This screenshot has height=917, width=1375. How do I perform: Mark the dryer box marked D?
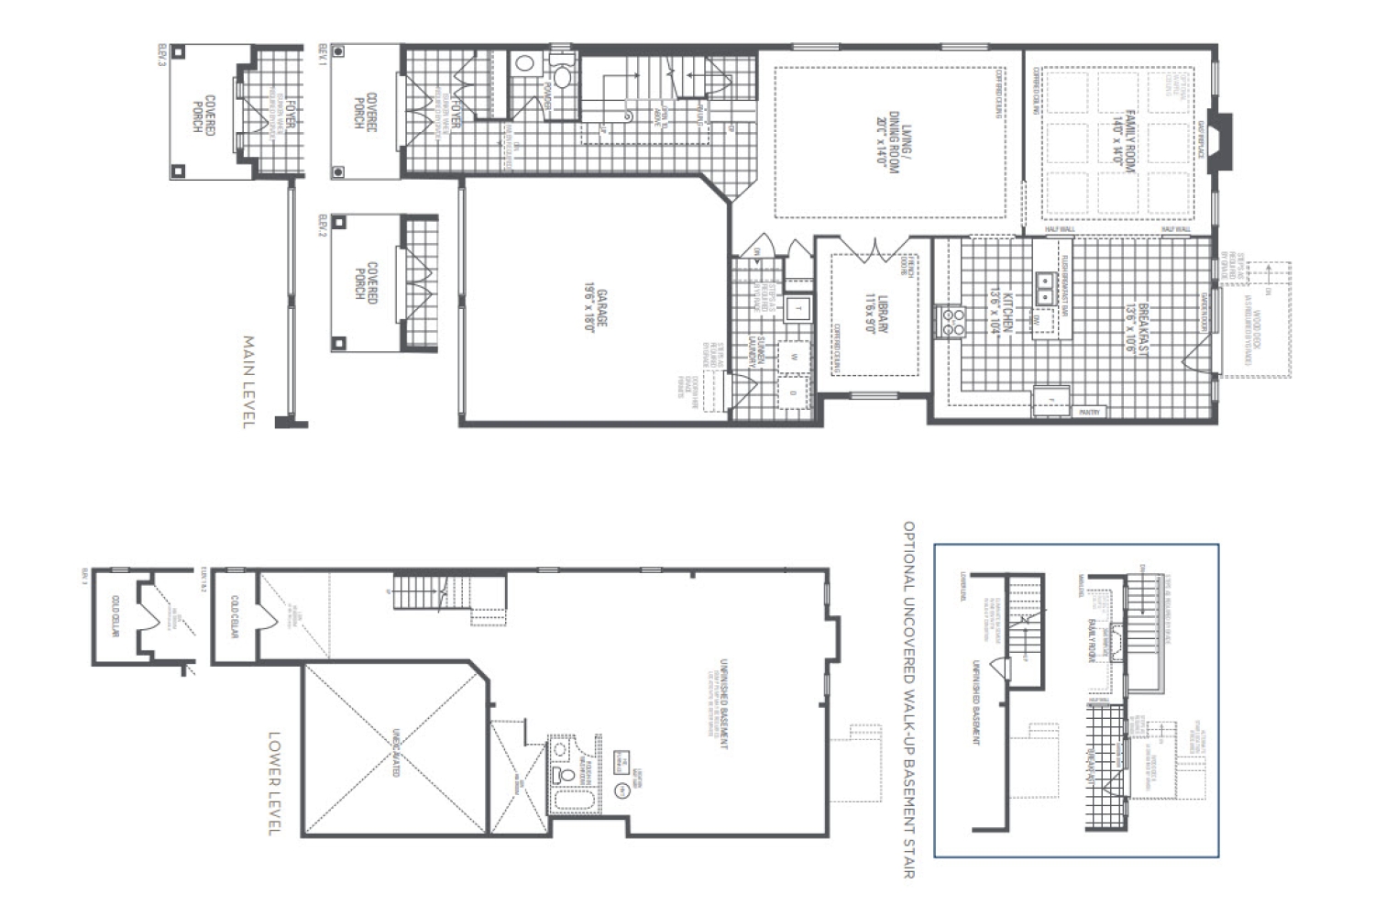(x=794, y=393)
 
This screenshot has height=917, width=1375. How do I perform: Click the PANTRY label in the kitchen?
(x=1090, y=413)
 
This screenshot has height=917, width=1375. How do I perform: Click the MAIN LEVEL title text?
(x=247, y=381)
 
